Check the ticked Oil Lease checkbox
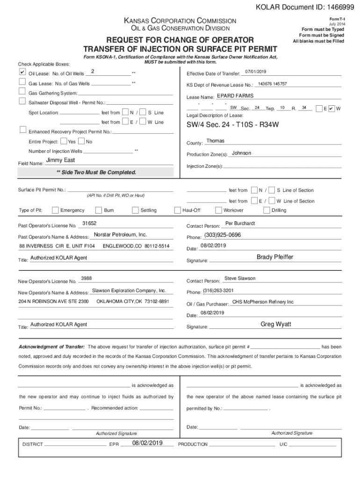[x=22, y=73]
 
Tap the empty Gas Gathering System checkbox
[x=22, y=92]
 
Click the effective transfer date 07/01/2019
[x=255, y=71]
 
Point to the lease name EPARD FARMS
[x=235, y=95]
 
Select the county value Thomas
[x=215, y=141]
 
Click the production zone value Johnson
[x=241, y=153]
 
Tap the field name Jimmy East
[x=60, y=160]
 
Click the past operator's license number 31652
[x=89, y=224]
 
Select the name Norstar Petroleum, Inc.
[x=120, y=234]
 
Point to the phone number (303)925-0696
[x=222, y=235]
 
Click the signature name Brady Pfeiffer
[x=275, y=257]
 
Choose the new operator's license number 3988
[x=86, y=278]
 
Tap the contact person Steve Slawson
[x=240, y=278]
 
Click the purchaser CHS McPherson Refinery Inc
[x=263, y=302]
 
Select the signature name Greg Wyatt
[x=274, y=324]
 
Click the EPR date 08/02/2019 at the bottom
[x=147, y=443]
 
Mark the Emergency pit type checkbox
[x=56, y=210]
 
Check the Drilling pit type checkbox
[x=267, y=210]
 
